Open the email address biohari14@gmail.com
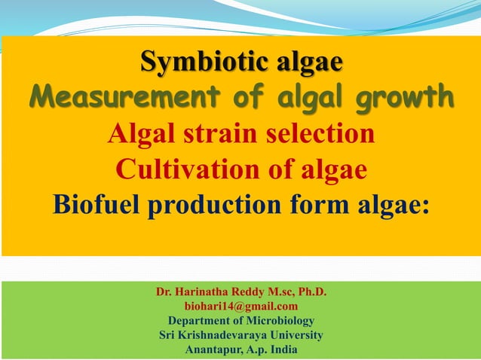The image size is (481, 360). coord(240,306)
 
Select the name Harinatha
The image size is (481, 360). coord(207,291)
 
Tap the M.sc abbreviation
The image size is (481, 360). coord(284,291)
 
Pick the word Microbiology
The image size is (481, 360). coord(282,321)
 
